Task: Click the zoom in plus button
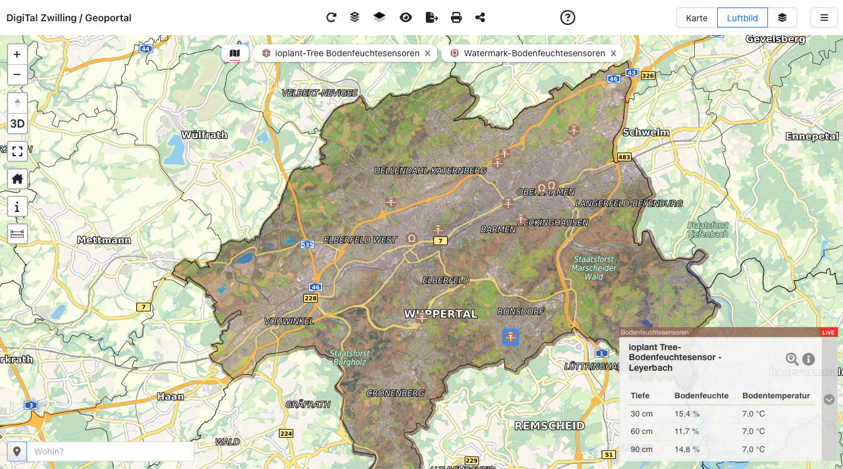[17, 54]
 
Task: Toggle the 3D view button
[17, 124]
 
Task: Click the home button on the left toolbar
[17, 179]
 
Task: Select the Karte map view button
[697, 18]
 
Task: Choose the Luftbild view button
[742, 18]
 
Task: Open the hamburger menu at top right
[824, 18]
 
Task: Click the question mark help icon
[567, 18]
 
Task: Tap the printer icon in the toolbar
[457, 18]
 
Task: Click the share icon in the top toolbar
[480, 18]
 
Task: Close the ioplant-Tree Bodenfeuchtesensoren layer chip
[428, 54]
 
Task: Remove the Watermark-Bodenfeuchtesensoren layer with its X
[613, 54]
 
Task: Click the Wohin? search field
[109, 451]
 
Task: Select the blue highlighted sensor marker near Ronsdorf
[511, 337]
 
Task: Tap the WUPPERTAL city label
[441, 314]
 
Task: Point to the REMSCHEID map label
[549, 426]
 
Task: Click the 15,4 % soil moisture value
[687, 414]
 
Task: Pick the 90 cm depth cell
[642, 449]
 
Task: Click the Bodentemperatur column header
[775, 396]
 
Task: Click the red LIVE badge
[829, 332]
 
